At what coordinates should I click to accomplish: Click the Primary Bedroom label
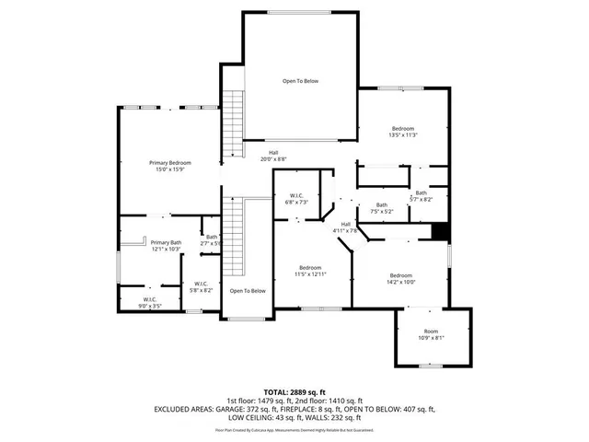click(x=170, y=163)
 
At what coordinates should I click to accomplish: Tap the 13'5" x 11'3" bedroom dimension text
click(x=403, y=135)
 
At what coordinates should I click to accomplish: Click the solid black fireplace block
click(x=440, y=233)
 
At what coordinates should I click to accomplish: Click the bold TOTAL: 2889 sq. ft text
click(x=294, y=393)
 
